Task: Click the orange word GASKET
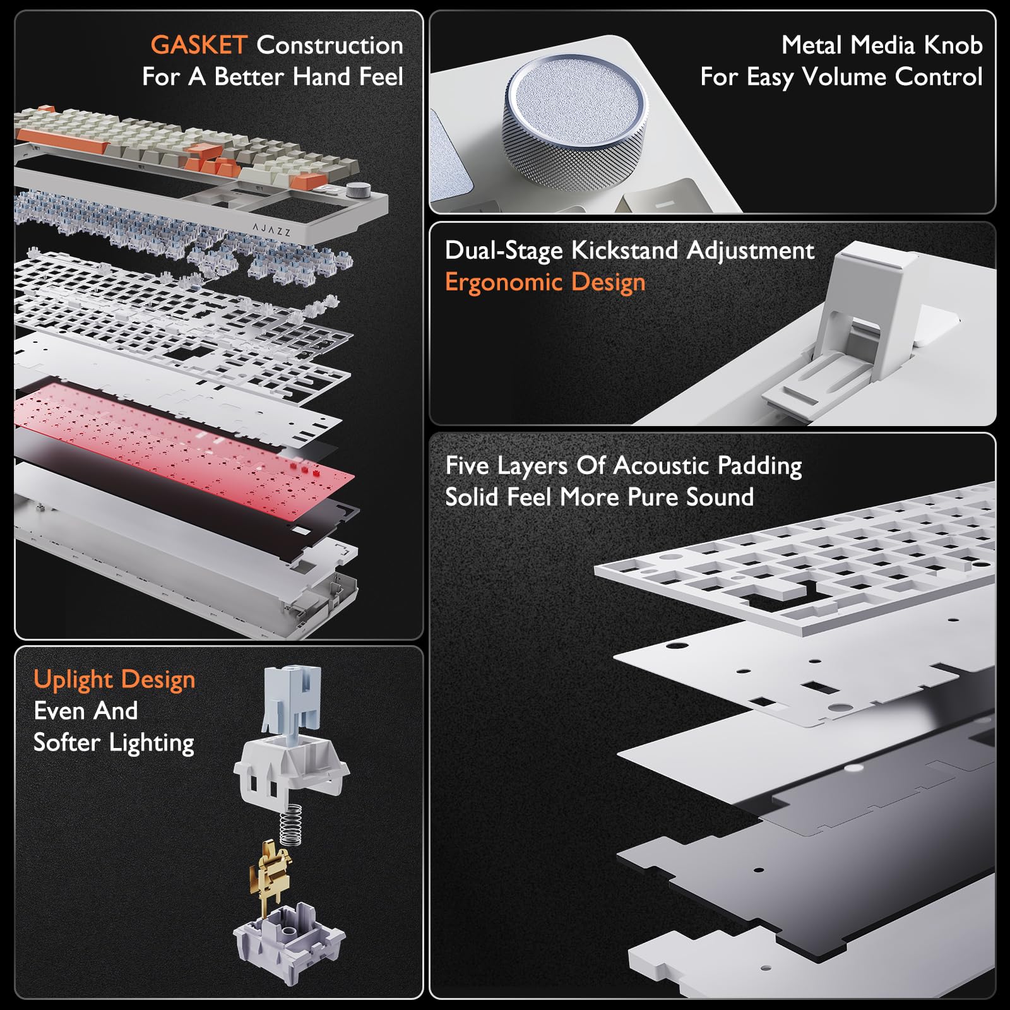(x=198, y=45)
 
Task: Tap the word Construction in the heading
(x=330, y=45)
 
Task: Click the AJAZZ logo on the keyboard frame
(x=271, y=230)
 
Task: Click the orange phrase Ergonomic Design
(x=545, y=282)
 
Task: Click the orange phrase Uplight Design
(x=114, y=680)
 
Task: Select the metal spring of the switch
(x=290, y=824)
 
